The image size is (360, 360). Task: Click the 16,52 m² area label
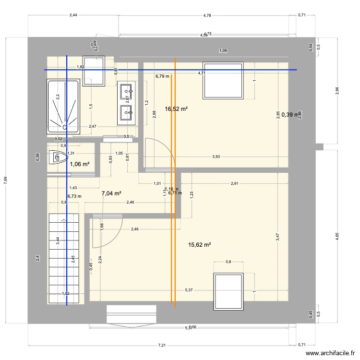pos(176,109)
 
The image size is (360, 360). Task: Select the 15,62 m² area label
pos(200,245)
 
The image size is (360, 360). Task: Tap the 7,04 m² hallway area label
pos(111,193)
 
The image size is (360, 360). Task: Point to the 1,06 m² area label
pos(80,164)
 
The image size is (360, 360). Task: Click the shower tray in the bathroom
pos(63,107)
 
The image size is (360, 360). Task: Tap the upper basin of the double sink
pos(127,89)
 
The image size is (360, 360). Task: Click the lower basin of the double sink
pos(127,114)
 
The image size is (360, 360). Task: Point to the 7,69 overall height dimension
pos(6,180)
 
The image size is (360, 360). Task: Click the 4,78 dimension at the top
pos(207,15)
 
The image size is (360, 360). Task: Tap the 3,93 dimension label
pos(216,156)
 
